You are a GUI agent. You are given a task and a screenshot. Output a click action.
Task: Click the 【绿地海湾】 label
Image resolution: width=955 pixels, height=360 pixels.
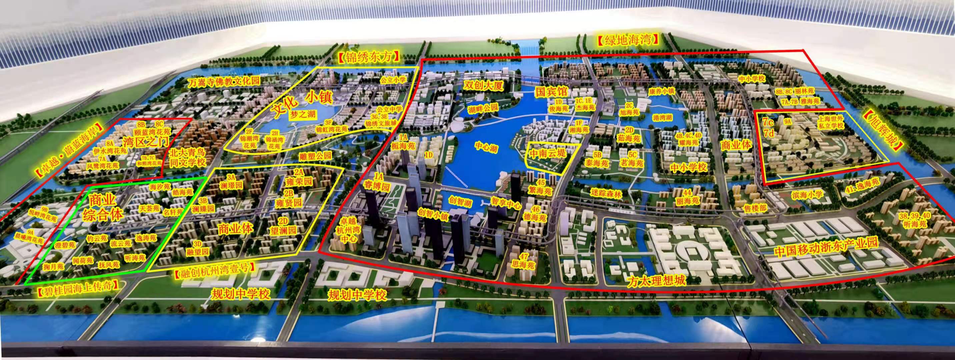[629, 40]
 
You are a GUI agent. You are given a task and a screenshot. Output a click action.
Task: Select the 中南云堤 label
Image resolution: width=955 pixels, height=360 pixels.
[547, 153]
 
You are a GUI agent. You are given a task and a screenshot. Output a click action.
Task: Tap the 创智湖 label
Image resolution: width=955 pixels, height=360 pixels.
[459, 202]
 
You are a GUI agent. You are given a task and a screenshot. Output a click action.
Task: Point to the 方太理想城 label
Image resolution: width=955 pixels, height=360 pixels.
[656, 281]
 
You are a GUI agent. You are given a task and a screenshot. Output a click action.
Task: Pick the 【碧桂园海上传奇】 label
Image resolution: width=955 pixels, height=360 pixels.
[79, 288]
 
